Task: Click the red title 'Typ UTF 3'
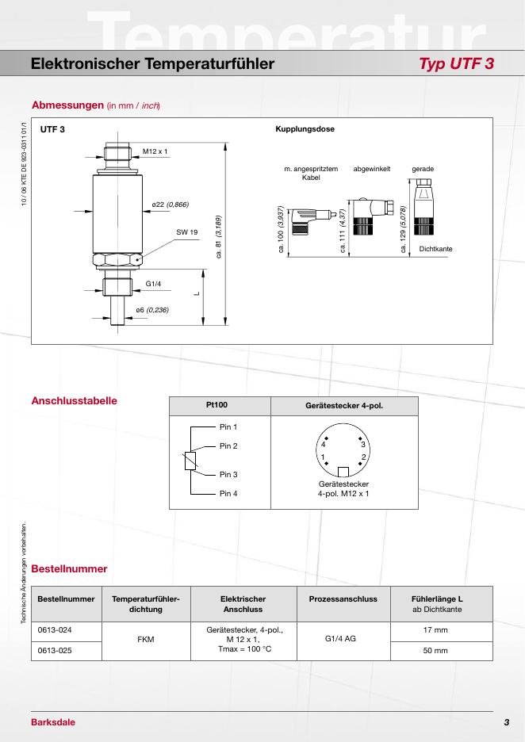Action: pyautogui.click(x=456, y=63)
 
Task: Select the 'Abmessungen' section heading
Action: pyautogui.click(x=67, y=105)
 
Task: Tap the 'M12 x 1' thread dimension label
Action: pyautogui.click(x=155, y=151)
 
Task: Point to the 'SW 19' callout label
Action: pyautogui.click(x=187, y=232)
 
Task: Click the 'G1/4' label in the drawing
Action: pyautogui.click(x=153, y=284)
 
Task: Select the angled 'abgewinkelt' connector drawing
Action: pyautogui.click(x=371, y=216)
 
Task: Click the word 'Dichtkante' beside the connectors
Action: pyautogui.click(x=435, y=249)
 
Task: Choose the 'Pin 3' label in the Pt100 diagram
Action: pyautogui.click(x=228, y=475)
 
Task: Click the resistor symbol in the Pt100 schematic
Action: pyautogui.click(x=190, y=461)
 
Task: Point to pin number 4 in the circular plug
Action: pyautogui.click(x=324, y=445)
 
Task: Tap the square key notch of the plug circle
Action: pyautogui.click(x=343, y=472)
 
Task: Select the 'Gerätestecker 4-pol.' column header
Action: pyautogui.click(x=344, y=406)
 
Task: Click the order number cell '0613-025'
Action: pyautogui.click(x=55, y=651)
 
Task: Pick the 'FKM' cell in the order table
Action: pyautogui.click(x=146, y=639)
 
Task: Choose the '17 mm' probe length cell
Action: pyautogui.click(x=435, y=630)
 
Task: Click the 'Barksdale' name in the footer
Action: pyautogui.click(x=53, y=722)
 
